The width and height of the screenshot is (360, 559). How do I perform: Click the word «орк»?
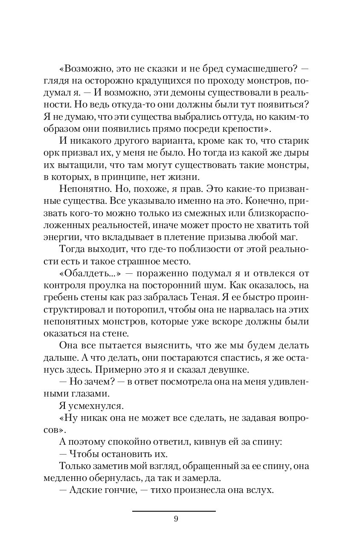[x=52, y=153]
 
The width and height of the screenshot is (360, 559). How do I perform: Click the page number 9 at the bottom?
[x=176, y=519]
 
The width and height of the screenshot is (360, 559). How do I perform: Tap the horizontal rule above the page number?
[x=174, y=511]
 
